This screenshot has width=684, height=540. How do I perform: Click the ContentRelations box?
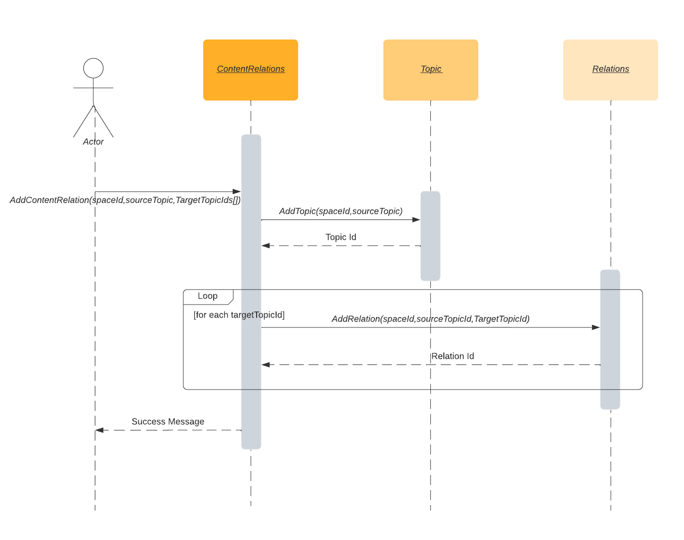251,70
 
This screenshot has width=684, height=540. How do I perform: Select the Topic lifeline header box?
430,70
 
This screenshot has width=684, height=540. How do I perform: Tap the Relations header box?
610,70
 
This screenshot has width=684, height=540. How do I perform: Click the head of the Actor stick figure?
93,68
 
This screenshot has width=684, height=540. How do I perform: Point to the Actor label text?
93,141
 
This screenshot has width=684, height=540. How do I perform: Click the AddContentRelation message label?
125,200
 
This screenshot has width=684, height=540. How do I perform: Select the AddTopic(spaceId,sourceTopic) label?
341,211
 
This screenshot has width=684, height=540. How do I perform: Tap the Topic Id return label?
341,237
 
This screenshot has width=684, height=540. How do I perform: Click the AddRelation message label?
430,318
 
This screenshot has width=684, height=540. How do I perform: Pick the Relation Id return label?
452,356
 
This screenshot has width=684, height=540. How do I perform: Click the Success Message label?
168,421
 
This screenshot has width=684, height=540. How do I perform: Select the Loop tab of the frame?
208,296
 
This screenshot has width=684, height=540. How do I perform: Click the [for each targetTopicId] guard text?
239,314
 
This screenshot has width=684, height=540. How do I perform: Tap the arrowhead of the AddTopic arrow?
416,219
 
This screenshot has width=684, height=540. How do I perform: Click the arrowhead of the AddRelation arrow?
596,327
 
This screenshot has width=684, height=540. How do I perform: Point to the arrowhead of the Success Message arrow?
99,430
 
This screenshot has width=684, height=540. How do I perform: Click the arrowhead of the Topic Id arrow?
266,245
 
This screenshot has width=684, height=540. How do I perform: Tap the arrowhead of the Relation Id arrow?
266,364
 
